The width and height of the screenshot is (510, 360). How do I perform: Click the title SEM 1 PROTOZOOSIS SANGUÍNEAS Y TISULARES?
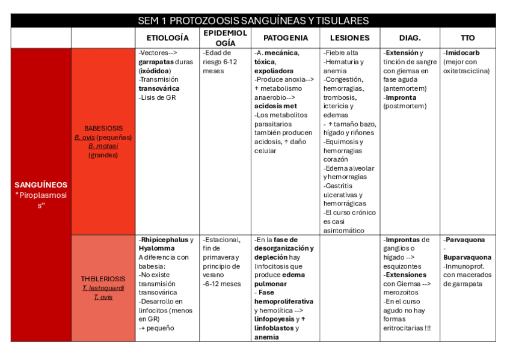click(x=253, y=21)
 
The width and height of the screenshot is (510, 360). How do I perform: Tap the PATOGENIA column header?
click(x=286, y=38)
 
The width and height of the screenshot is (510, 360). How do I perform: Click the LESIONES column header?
click(x=350, y=38)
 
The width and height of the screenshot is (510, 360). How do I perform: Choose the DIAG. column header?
click(x=410, y=38)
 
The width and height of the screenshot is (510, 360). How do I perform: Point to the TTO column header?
click(x=468, y=38)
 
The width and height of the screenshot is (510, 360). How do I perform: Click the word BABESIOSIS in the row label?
click(x=103, y=129)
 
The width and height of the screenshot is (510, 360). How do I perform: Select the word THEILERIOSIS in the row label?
click(x=103, y=279)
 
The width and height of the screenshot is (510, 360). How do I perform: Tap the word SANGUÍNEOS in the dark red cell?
click(x=41, y=185)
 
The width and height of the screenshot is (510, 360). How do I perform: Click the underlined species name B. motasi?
click(x=103, y=146)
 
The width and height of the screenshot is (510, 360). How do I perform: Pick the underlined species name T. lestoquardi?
click(x=103, y=288)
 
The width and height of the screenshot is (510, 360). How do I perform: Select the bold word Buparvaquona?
click(x=467, y=257)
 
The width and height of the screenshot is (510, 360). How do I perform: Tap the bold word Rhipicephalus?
click(x=164, y=240)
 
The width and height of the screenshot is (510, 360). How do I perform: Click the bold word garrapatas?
click(x=156, y=62)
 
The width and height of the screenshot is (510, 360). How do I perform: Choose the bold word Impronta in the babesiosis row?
click(x=401, y=97)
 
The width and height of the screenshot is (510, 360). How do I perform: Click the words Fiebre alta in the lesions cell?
click(x=342, y=53)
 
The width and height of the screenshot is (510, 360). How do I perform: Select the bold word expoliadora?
click(x=274, y=71)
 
